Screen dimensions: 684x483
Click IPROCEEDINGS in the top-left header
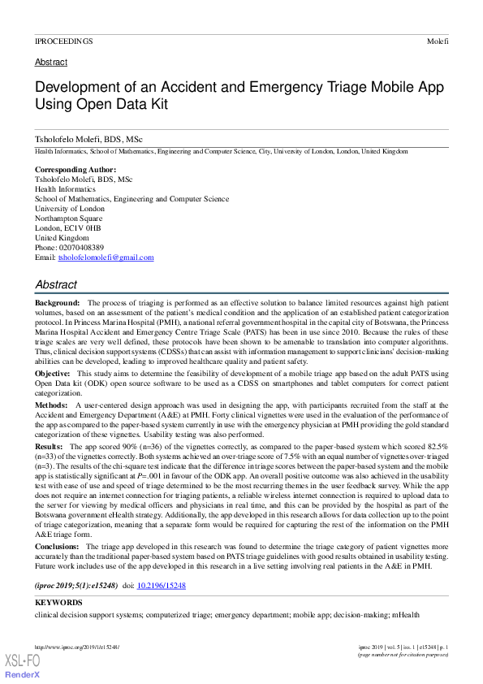click(64, 41)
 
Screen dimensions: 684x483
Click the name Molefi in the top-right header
click(438, 41)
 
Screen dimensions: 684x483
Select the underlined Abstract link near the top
click(50, 63)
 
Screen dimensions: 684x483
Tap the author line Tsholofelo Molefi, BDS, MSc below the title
click(88, 140)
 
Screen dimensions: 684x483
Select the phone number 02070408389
click(80, 247)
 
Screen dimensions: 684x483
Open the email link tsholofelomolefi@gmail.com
click(105, 258)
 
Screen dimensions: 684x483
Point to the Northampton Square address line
click(68, 219)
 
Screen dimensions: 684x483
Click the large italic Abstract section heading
click(56, 285)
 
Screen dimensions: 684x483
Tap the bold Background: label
click(57, 302)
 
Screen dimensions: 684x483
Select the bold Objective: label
click(52, 372)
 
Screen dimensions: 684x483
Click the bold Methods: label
click(51, 404)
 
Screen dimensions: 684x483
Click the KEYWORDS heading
click(58, 603)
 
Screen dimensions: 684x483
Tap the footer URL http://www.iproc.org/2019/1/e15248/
click(77, 647)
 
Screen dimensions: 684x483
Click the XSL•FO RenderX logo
click(24, 666)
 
